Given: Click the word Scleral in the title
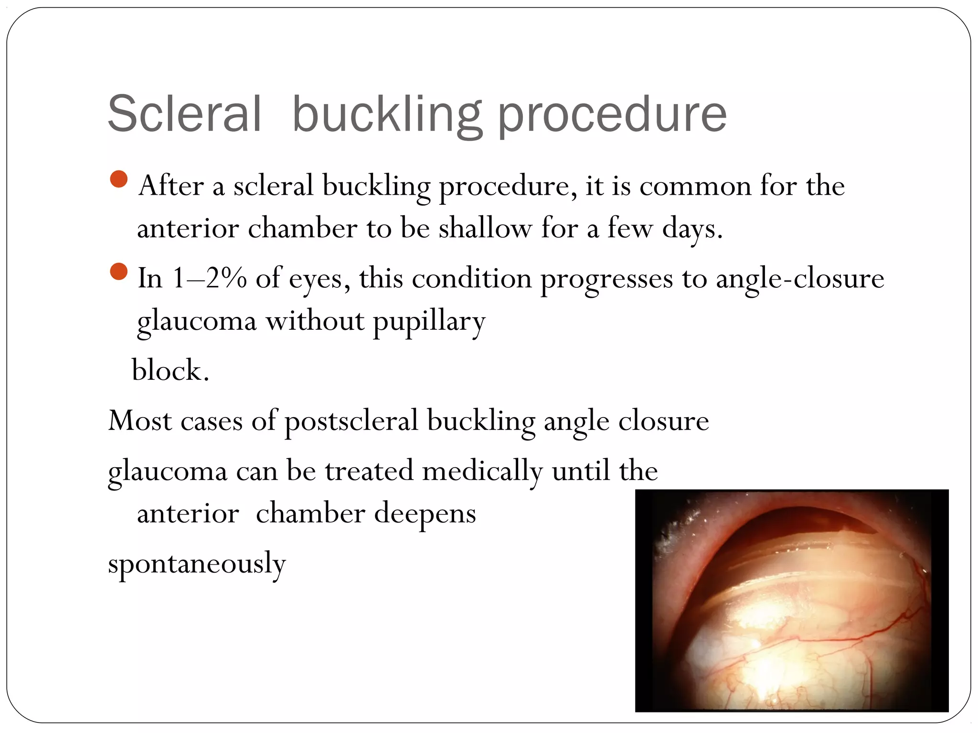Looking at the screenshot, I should click(184, 115).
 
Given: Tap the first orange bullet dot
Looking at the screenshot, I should click(118, 179).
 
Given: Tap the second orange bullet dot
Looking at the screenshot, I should click(118, 272).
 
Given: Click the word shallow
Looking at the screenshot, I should click(485, 228).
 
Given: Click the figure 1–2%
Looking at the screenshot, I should click(209, 278).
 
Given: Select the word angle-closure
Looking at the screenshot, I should click(800, 278).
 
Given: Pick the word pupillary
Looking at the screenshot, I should click(429, 321).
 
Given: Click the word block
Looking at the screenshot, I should click(170, 370).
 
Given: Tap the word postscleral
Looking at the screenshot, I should click(351, 421).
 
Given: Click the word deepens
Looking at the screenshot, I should click(425, 513).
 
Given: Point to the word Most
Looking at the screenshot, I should click(140, 421).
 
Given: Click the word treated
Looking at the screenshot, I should click(369, 471).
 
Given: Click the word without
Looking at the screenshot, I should click(315, 320).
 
